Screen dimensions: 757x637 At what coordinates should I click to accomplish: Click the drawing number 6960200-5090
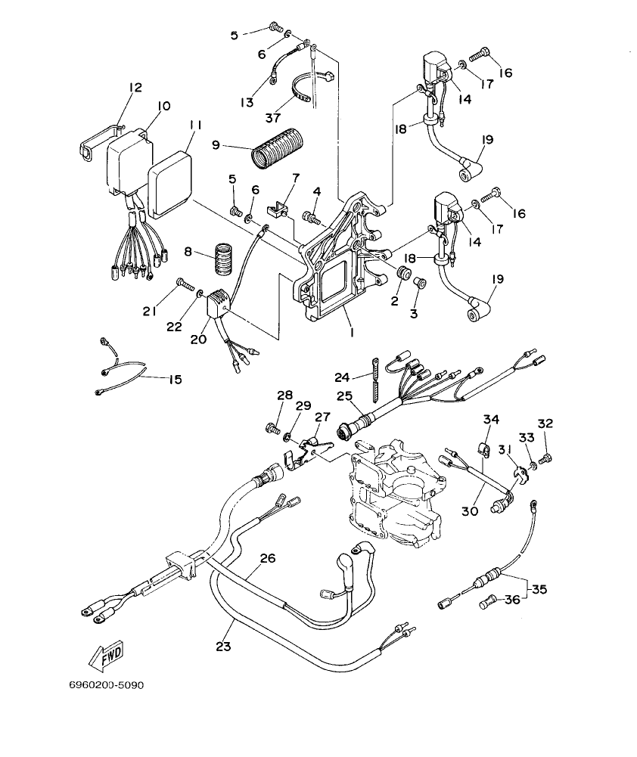click(106, 686)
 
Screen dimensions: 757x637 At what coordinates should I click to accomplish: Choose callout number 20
click(198, 340)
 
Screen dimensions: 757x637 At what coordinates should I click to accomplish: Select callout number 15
click(175, 380)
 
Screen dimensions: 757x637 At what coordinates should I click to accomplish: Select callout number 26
click(268, 559)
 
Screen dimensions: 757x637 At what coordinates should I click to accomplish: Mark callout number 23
click(224, 646)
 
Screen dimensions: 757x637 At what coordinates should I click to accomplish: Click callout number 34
click(492, 420)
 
